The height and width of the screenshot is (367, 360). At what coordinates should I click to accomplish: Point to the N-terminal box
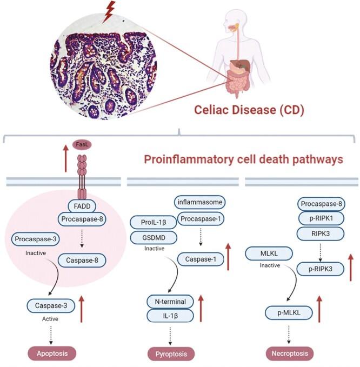(x=170, y=301)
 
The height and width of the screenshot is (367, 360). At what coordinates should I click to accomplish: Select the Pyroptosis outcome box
(x=171, y=354)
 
